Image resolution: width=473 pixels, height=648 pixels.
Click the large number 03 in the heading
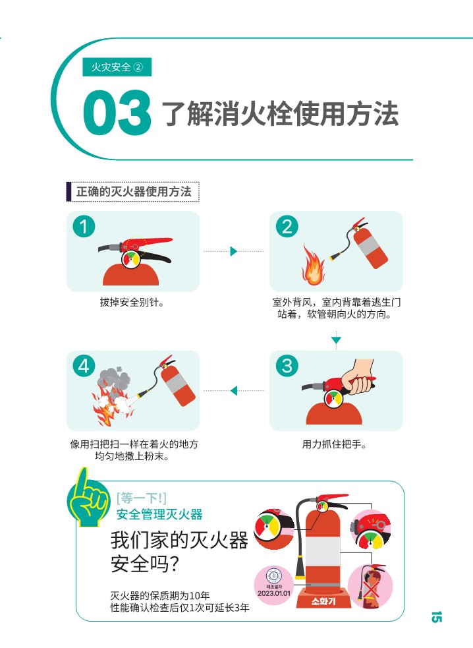pyautogui.click(x=117, y=113)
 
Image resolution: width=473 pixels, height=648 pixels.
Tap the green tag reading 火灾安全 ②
pyautogui.click(x=117, y=67)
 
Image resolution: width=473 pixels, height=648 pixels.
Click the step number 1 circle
pyautogui.click(x=84, y=227)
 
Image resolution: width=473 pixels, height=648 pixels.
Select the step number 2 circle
pyautogui.click(x=287, y=227)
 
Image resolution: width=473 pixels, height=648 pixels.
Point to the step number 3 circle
pyautogui.click(x=287, y=366)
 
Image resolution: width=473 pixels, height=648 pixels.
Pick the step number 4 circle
pyautogui.click(x=84, y=366)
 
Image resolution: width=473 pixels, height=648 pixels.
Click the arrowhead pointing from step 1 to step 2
pyautogui.click(x=234, y=251)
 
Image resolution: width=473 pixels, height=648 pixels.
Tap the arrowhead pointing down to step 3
pyautogui.click(x=336, y=340)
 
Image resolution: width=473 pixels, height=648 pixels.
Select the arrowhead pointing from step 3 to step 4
pyautogui.click(x=234, y=390)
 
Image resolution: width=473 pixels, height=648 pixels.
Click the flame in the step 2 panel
pyautogui.click(x=313, y=266)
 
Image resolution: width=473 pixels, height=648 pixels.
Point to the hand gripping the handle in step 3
pyautogui.click(x=358, y=376)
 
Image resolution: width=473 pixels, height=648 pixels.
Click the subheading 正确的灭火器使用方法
pyautogui.click(x=134, y=192)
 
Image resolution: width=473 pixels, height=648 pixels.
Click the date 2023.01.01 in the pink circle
pyautogui.click(x=273, y=593)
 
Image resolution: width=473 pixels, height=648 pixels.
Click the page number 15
pyautogui.click(x=436, y=617)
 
